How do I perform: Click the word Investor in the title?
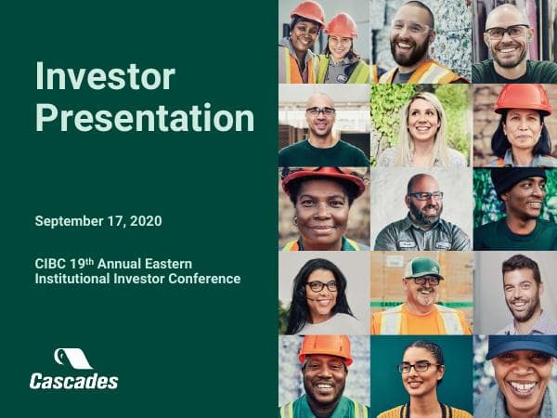(x=105, y=76)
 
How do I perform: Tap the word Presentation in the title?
(x=144, y=118)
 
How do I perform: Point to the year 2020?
(x=147, y=221)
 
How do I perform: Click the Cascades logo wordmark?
(x=73, y=380)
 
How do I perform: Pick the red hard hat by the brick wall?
(x=522, y=98)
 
